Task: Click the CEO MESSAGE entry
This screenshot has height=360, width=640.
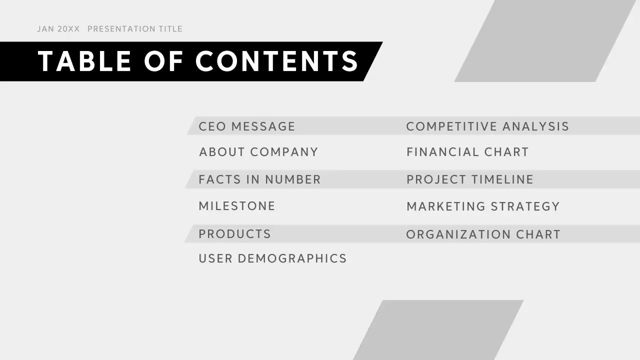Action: point(246,126)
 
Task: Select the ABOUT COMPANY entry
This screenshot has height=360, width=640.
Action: point(258,152)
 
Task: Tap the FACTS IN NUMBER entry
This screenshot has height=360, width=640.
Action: point(259,179)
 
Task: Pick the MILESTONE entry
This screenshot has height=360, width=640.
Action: point(237,206)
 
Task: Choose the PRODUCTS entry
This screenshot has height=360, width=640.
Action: point(234,234)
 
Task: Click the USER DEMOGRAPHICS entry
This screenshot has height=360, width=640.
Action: point(272,258)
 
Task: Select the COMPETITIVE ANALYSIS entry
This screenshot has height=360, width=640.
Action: point(487,126)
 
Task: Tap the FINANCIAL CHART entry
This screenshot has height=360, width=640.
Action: point(467,152)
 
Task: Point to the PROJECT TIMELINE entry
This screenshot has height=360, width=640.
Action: point(470,179)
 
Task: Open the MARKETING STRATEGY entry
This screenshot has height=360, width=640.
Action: point(483,206)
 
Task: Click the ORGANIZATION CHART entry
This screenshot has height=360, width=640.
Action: point(483,234)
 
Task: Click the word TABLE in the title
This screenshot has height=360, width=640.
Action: point(85,61)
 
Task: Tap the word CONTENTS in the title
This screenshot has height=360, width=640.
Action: point(277,61)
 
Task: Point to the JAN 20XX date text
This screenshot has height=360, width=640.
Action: point(58,29)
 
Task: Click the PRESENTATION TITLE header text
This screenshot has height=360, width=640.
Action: point(135,29)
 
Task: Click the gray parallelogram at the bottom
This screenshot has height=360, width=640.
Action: point(438,330)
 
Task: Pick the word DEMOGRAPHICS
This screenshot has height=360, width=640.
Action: point(292,258)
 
